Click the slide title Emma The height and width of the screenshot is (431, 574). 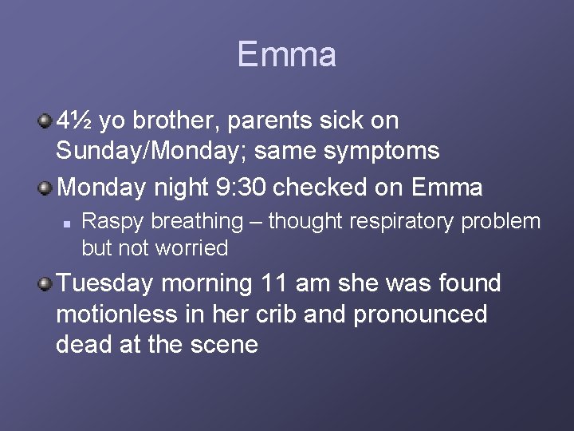[x=286, y=55]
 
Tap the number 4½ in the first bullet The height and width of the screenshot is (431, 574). [x=76, y=121]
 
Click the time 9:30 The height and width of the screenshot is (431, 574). [x=241, y=188]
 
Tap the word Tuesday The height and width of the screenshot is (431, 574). [x=106, y=283]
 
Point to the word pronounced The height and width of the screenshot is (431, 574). [x=420, y=314]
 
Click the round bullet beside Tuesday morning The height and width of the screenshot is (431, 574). [x=46, y=283]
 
